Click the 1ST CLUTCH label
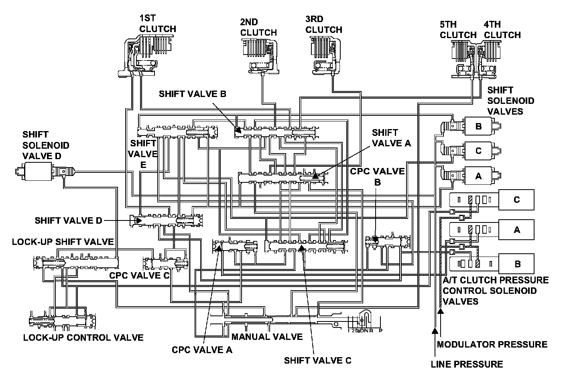(x=157, y=24)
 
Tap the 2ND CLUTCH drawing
(x=259, y=56)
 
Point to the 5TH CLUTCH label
(x=458, y=30)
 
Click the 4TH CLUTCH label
(x=502, y=30)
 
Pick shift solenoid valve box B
(x=478, y=126)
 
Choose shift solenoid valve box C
(x=478, y=151)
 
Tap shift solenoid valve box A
(x=478, y=176)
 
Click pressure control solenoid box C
(x=516, y=200)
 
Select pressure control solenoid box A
(x=516, y=230)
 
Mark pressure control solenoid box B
(x=517, y=264)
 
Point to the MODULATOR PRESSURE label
(x=492, y=344)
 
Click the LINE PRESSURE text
(x=466, y=364)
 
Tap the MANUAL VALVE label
(x=267, y=336)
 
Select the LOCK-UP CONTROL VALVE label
(x=83, y=337)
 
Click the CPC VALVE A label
(x=202, y=350)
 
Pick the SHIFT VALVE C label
(x=317, y=360)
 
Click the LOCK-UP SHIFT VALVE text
(x=63, y=242)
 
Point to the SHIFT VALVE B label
(x=193, y=94)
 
